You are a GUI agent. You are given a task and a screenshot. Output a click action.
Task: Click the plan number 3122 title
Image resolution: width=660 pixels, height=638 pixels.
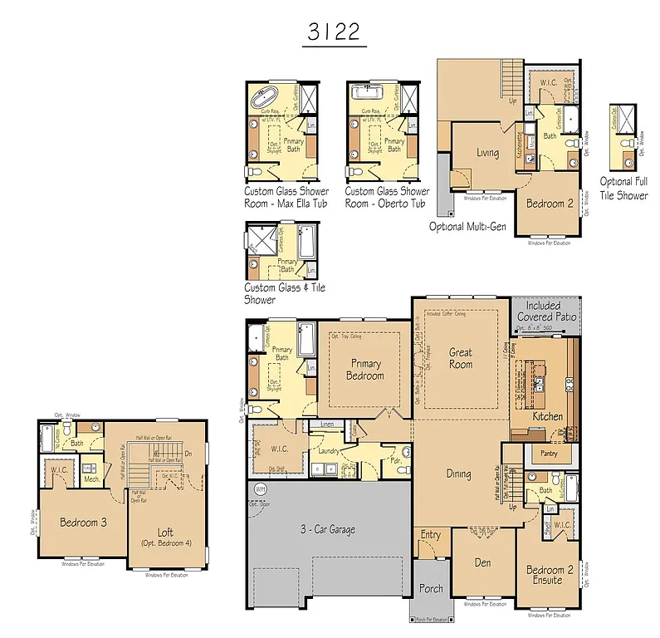click(335, 32)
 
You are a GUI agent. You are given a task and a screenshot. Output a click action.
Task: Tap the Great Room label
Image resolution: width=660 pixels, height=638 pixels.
click(461, 358)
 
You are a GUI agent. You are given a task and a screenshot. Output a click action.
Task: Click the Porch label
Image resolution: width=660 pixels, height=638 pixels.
click(431, 588)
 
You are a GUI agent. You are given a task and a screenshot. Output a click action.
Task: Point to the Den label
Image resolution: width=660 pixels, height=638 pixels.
click(482, 562)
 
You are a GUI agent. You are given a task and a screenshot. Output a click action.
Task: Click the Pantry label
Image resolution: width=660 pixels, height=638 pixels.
click(548, 454)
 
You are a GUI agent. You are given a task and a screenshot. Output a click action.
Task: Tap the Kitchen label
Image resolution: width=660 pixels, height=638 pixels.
click(547, 416)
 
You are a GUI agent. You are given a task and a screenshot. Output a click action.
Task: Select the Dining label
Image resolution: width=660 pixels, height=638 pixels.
click(458, 474)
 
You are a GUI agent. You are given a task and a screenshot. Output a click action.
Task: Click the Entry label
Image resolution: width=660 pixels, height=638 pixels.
click(431, 535)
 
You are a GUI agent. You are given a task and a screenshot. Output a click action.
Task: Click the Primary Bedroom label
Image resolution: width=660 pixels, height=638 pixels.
click(365, 370)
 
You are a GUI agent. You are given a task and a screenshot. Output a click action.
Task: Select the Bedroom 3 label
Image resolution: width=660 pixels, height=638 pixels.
click(82, 523)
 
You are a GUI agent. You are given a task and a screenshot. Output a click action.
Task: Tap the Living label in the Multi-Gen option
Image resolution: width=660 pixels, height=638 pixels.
click(487, 152)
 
